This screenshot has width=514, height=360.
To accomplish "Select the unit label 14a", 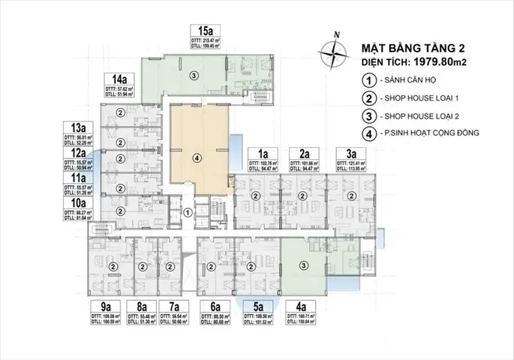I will tap(119, 79).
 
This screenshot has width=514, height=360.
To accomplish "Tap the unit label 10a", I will tap(78, 202).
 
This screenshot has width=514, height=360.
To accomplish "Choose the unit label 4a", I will tap(302, 306).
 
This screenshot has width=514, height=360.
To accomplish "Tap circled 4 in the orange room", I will tap(197, 157).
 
